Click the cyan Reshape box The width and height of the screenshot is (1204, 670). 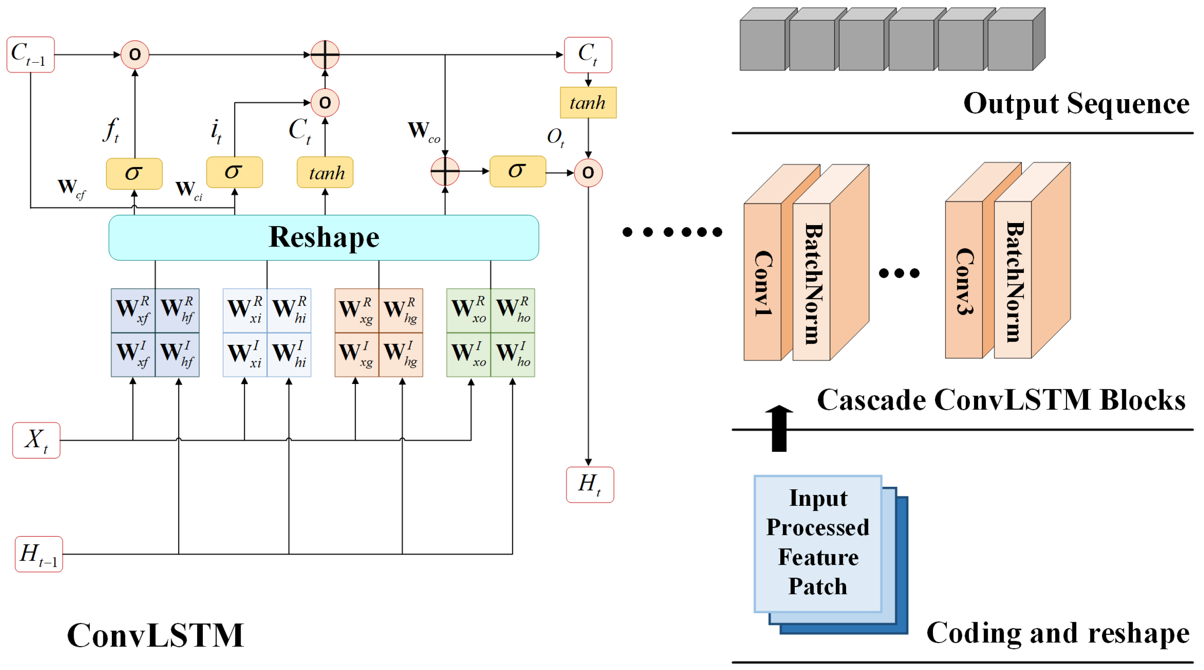tap(323, 237)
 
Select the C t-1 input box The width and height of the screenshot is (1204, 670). tap(30, 55)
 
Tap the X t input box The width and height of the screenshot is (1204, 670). tap(37, 440)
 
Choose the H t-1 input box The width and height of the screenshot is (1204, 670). tap(39, 554)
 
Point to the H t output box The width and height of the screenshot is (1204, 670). tap(589, 484)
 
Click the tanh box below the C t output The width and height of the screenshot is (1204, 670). tap(588, 102)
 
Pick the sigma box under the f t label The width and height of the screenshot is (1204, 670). tap(134, 173)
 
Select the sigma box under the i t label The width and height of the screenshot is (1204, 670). tap(234, 172)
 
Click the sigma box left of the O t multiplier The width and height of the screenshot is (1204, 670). tap(517, 171)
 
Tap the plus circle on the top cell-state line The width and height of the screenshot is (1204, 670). tap(325, 55)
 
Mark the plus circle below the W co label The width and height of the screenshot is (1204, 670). tap(445, 171)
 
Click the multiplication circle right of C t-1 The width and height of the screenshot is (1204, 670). tap(135, 55)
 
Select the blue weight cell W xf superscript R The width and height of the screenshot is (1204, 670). tap(133, 310)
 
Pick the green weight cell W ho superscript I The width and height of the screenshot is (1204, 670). tap(513, 354)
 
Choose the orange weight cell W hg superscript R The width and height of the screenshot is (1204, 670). tap(401, 310)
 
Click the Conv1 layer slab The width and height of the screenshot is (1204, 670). tap(762, 282)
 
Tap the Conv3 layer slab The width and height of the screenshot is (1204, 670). tap(964, 281)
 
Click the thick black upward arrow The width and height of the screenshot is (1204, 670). tap(779, 428)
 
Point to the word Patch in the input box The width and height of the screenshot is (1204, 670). tap(817, 586)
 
